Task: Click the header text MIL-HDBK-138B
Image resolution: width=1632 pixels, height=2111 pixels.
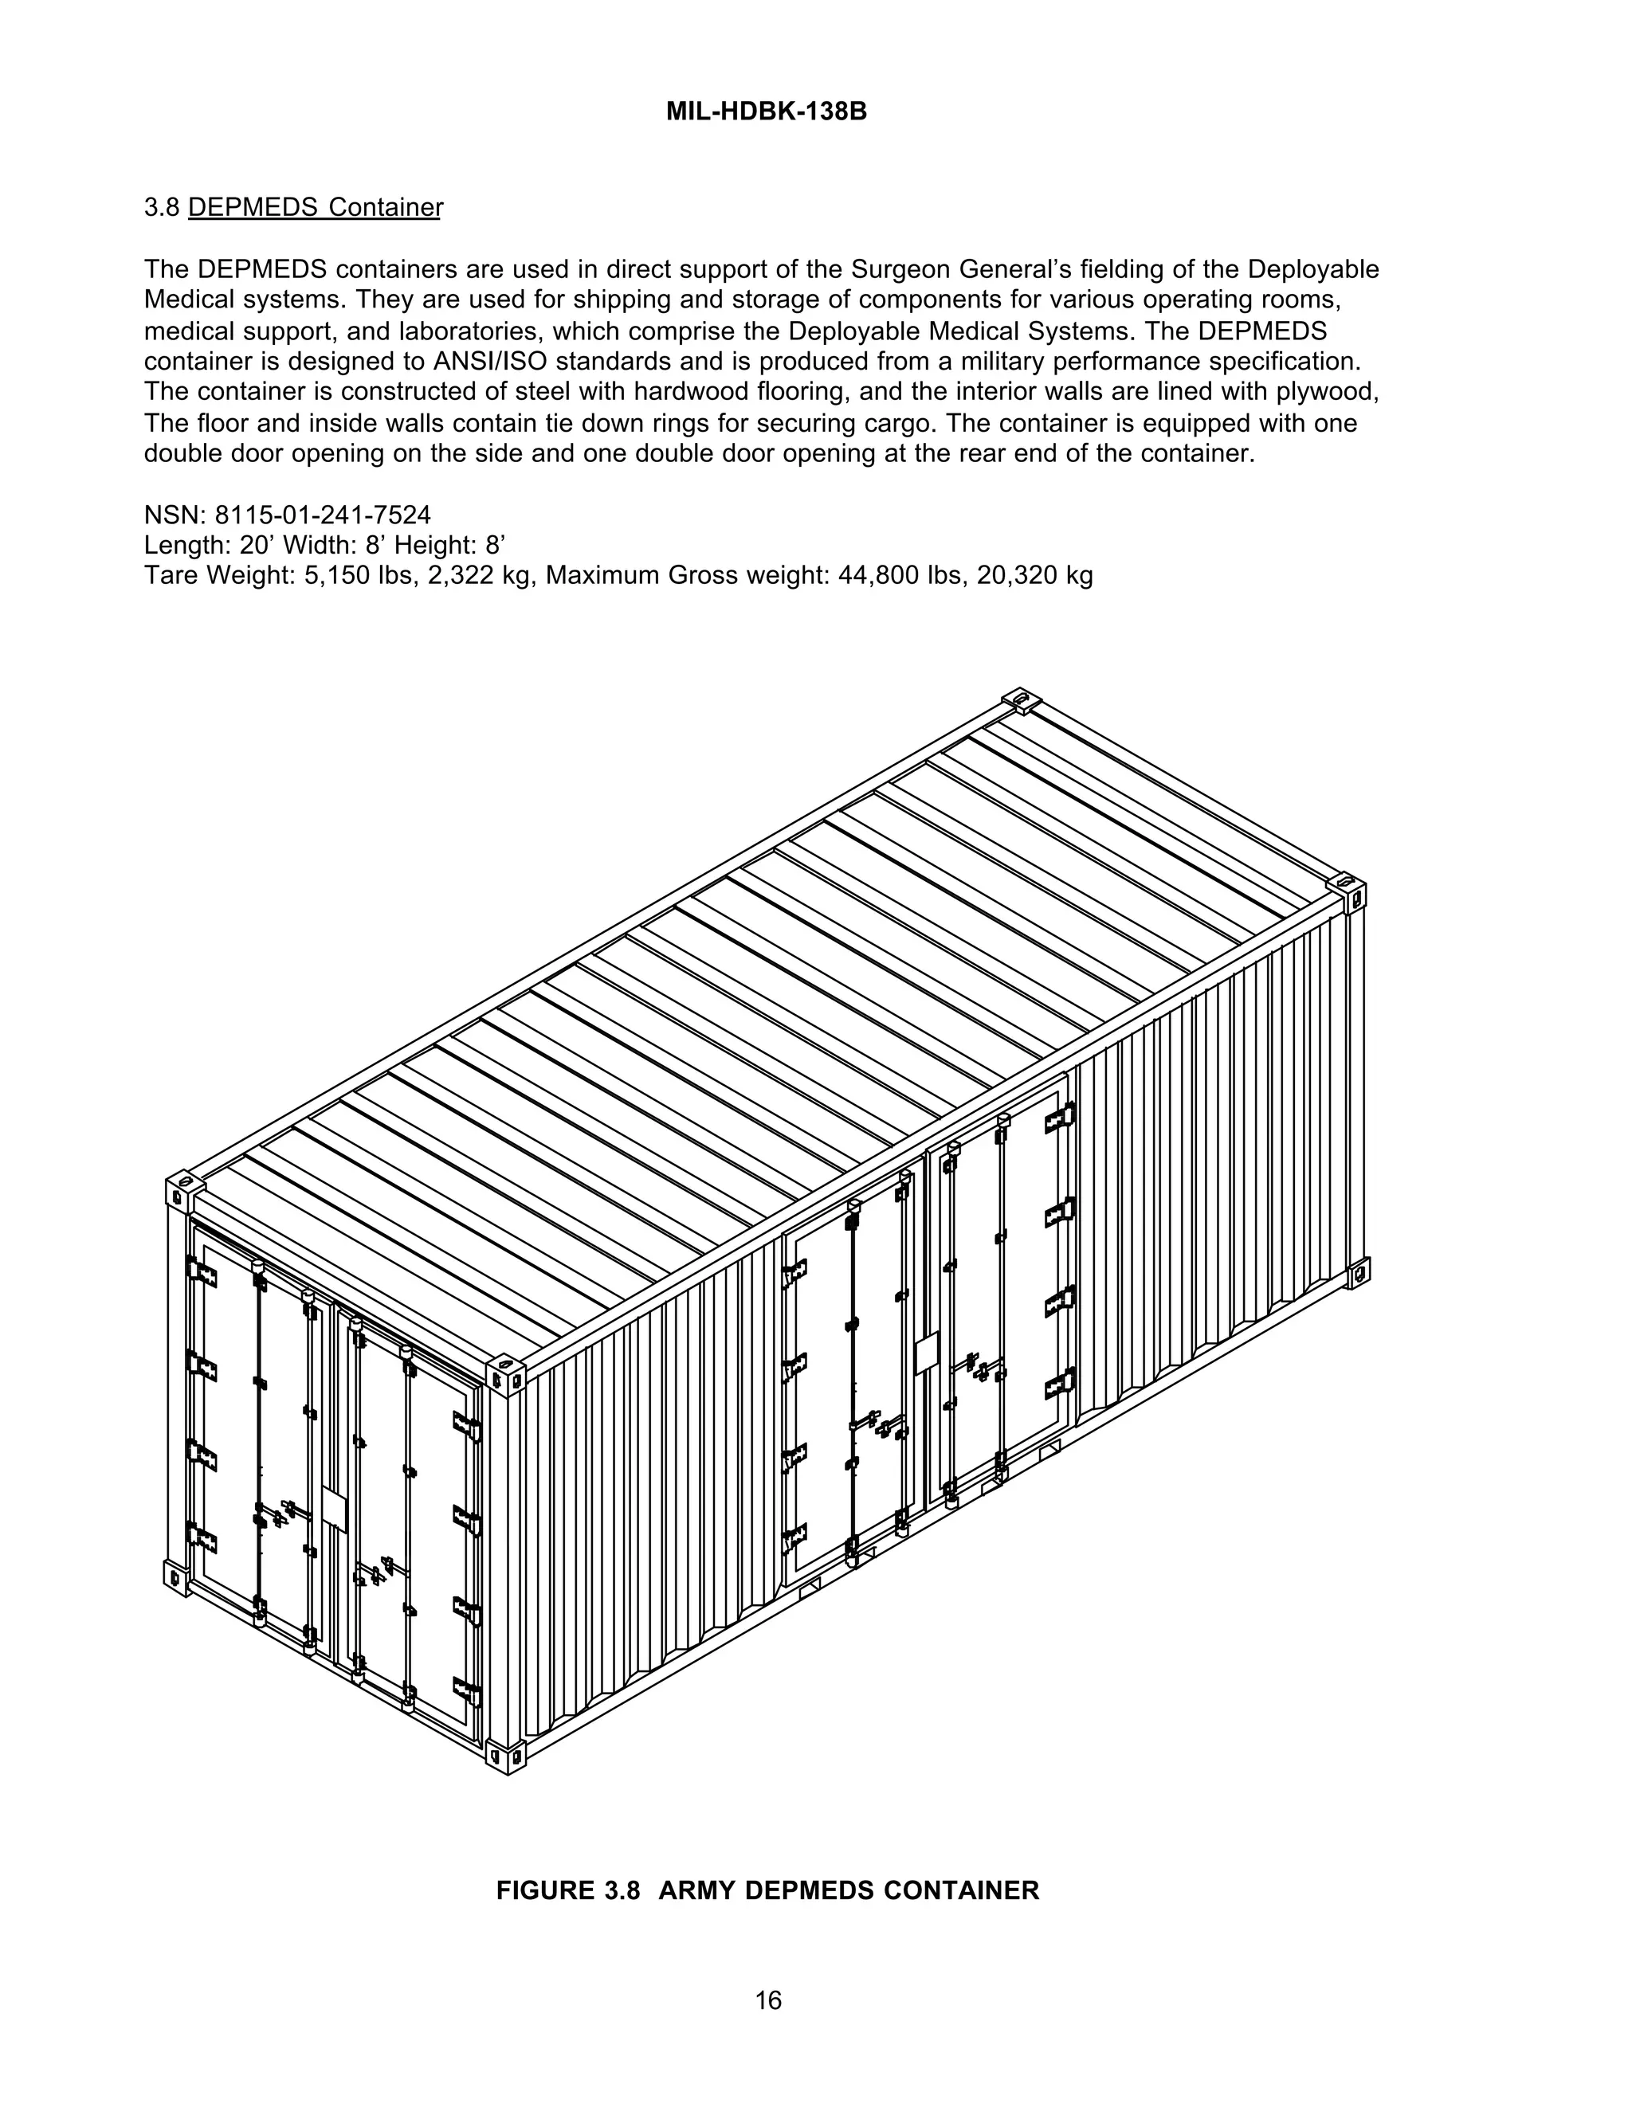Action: pos(767,112)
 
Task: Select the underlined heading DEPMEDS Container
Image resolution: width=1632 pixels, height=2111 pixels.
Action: pos(316,208)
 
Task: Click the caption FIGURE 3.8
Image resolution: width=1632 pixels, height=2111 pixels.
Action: pos(568,1890)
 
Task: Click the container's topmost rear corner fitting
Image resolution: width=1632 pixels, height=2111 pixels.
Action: pos(1020,699)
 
